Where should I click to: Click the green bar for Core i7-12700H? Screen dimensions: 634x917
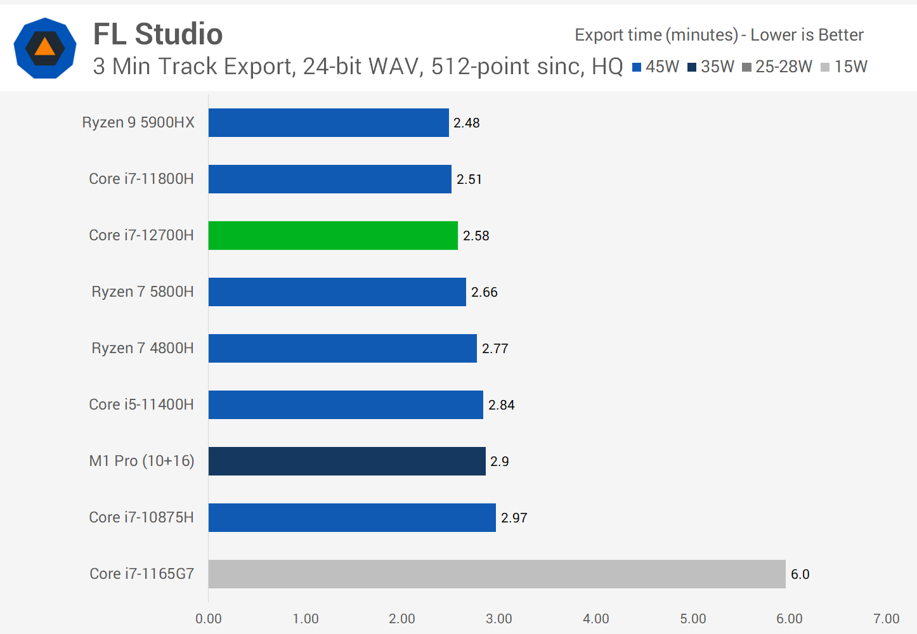[333, 235]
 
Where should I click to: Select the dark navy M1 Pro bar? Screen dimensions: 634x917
[347, 461]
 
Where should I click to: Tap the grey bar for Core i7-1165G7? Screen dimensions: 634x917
[497, 574]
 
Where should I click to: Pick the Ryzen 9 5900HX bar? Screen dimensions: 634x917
[328, 122]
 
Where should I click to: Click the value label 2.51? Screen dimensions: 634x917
[469, 179]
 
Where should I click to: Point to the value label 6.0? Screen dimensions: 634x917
[800, 574]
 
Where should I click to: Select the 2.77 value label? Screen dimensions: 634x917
[495, 349]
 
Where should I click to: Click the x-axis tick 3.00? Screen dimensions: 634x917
[499, 619]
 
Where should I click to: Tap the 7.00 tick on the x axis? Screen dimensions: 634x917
[886, 619]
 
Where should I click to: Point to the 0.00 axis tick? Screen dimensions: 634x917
[209, 619]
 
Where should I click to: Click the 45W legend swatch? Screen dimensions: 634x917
[637, 67]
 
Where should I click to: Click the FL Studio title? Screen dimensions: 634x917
[158, 34]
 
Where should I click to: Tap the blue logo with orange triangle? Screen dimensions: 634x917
[45, 48]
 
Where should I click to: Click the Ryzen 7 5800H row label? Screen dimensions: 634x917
[143, 292]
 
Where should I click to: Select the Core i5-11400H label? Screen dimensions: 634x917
[141, 404]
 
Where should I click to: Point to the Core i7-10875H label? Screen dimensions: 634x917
[141, 517]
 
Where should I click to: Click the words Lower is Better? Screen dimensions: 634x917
[807, 35]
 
